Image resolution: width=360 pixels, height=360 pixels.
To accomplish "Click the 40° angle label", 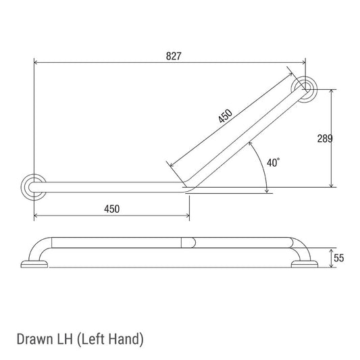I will pyautogui.click(x=274, y=163).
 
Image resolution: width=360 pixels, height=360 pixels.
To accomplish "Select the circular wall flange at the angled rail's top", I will pyautogui.click(x=305, y=88).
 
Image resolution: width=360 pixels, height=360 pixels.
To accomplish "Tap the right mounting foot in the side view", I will pyautogui.click(x=303, y=263).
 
